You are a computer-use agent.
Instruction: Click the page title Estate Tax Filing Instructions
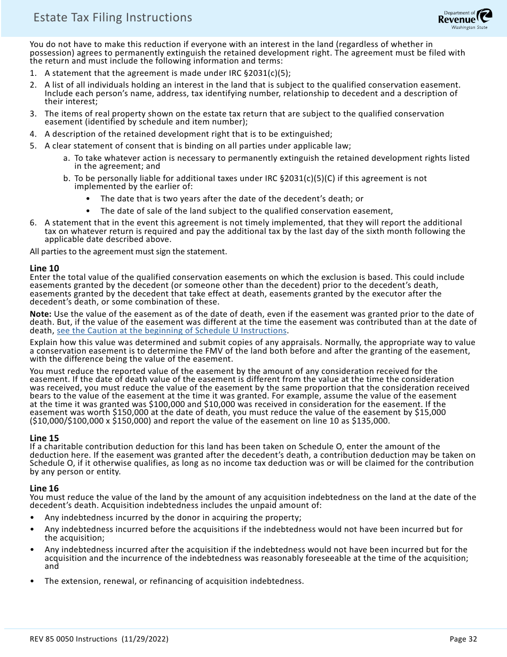(113, 18)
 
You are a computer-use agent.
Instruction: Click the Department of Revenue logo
(465, 19)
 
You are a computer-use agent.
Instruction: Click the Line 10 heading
(44, 268)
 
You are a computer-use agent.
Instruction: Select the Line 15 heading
(44, 438)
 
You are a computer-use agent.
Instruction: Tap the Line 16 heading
(44, 488)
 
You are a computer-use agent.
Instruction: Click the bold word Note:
(41, 314)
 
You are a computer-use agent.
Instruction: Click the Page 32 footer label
(463, 639)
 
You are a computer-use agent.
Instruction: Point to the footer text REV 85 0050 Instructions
(74, 639)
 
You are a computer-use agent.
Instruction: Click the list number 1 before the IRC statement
(33, 74)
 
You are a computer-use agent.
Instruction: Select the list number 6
(33, 222)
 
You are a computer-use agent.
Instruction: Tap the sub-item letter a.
(66, 158)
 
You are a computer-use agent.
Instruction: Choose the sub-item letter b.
(66, 178)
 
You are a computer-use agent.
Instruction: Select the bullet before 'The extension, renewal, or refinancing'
(33, 581)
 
